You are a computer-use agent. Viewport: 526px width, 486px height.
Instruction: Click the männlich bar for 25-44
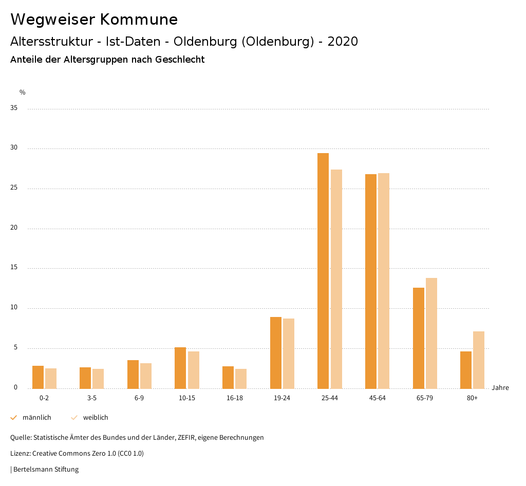(x=323, y=271)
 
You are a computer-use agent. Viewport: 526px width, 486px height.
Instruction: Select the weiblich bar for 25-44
(x=336, y=279)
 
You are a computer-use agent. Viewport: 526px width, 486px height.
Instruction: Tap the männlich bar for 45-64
(x=371, y=281)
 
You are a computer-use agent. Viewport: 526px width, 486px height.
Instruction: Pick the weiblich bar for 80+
(x=479, y=360)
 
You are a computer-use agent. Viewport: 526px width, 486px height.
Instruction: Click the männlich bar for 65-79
(x=419, y=338)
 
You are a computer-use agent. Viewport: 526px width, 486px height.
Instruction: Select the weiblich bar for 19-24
(x=289, y=353)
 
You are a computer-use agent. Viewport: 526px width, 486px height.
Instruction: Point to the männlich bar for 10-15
(x=180, y=368)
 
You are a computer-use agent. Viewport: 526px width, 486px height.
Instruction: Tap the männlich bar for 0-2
(x=38, y=377)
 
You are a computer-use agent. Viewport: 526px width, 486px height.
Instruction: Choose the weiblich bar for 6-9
(x=146, y=376)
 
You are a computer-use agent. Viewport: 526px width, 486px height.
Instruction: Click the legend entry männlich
(x=36, y=418)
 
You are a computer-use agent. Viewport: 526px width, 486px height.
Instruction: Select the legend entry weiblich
(x=96, y=418)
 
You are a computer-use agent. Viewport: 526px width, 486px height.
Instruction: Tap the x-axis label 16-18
(x=235, y=398)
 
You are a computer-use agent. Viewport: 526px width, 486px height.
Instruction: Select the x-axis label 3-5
(x=92, y=398)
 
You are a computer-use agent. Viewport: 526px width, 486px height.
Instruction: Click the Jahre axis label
(x=500, y=388)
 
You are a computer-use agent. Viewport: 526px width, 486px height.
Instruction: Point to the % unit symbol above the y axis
(x=23, y=92)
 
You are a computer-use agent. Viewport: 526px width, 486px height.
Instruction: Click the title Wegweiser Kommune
(x=94, y=19)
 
